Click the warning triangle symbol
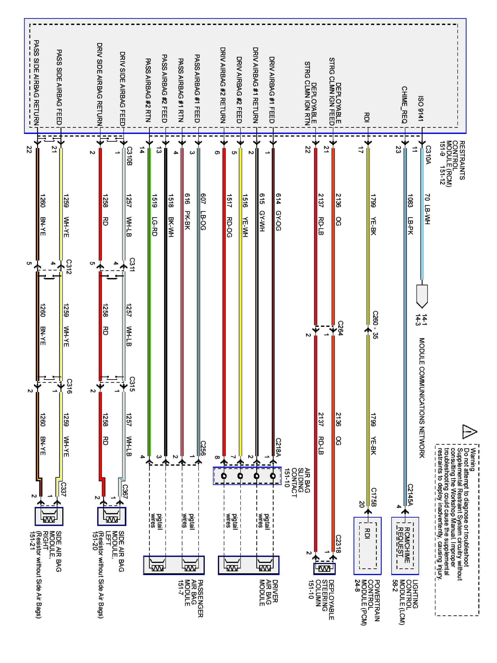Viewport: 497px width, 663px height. pyautogui.click(x=469, y=432)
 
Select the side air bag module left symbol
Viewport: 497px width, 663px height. pyautogui.click(x=112, y=516)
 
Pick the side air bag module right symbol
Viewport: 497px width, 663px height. pyautogui.click(x=49, y=516)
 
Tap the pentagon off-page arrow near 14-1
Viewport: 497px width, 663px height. pyautogui.click(x=422, y=296)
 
